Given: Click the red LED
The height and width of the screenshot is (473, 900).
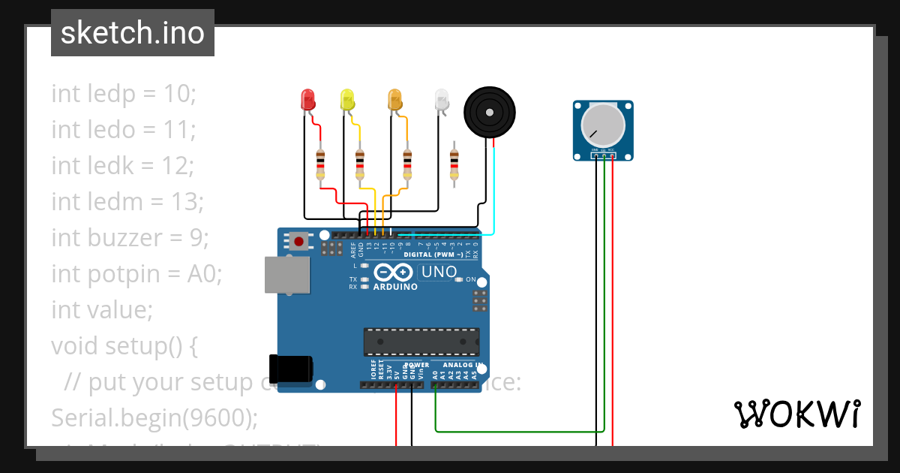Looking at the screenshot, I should click(x=307, y=100).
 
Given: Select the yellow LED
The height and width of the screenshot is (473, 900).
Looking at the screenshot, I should click(x=346, y=100).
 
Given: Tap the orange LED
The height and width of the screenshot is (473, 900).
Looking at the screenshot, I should click(x=395, y=100).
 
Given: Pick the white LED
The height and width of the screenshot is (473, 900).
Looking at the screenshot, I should click(x=442, y=100).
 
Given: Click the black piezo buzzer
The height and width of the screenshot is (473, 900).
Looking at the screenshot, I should click(x=490, y=113).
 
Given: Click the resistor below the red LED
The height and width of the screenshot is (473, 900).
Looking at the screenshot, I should click(x=321, y=164).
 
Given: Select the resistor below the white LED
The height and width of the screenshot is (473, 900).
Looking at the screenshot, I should click(x=454, y=164).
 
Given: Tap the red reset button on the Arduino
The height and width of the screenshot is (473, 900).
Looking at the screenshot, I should click(x=299, y=242).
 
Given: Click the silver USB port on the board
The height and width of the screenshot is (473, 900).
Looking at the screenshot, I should click(x=287, y=275).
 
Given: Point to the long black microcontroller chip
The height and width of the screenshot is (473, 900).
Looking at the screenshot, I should click(x=421, y=342).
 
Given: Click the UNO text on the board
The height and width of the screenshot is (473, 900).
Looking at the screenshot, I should click(x=439, y=272).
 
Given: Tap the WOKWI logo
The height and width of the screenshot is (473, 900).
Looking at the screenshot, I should click(x=796, y=414).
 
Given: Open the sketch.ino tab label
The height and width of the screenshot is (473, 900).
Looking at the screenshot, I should click(x=133, y=33).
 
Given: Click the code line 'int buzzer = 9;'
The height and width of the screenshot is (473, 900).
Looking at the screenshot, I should click(x=130, y=238).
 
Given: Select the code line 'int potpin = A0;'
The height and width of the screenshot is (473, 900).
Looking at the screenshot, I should click(x=136, y=274).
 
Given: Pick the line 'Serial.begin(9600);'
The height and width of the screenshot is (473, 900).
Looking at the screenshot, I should click(x=154, y=417).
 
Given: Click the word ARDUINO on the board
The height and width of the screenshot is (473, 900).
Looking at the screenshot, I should click(x=395, y=287).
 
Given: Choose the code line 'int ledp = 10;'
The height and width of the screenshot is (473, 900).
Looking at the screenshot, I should click(x=123, y=94).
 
